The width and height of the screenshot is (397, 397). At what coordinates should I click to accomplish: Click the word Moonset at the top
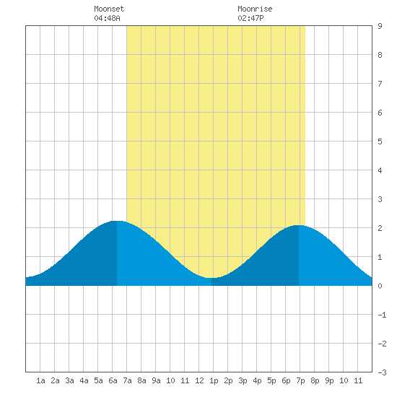(109, 9)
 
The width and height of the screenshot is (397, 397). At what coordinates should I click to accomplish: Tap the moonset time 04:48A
(107, 18)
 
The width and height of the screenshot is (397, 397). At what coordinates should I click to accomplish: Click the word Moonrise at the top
(255, 9)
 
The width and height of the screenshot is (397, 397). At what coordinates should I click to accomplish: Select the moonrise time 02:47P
(250, 18)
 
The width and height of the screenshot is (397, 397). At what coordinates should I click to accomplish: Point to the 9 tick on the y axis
(380, 26)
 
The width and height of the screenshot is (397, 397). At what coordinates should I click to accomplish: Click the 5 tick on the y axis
(380, 141)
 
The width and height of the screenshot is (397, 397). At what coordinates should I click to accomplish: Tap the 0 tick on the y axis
(380, 286)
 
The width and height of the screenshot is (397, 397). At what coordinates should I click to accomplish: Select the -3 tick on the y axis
(382, 372)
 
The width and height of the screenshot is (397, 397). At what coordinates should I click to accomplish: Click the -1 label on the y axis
(382, 315)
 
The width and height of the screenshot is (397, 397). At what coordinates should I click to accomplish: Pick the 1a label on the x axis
(40, 380)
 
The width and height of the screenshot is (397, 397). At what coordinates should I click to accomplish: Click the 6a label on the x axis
(113, 380)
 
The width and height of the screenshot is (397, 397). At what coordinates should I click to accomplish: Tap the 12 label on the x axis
(199, 380)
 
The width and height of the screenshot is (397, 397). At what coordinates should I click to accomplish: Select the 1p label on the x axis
(214, 380)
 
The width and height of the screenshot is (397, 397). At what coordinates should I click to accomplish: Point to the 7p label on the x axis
(300, 380)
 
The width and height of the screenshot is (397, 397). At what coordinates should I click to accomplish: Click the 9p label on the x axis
(329, 380)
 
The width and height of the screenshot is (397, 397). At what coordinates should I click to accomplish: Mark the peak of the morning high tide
(117, 221)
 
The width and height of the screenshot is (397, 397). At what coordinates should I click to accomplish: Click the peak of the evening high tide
(299, 225)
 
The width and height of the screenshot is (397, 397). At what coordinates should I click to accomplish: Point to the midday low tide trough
(211, 278)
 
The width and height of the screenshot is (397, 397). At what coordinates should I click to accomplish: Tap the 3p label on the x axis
(243, 380)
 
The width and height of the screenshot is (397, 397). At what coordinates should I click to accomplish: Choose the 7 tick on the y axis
(380, 84)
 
